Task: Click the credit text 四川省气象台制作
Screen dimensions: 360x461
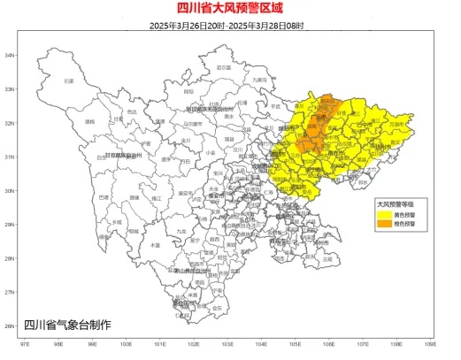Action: (x=67, y=325)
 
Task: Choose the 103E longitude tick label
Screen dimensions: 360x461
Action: (x=227, y=344)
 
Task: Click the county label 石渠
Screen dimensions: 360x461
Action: (x=68, y=80)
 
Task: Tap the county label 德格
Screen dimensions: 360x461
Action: (x=88, y=121)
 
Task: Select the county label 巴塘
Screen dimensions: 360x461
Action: (x=104, y=197)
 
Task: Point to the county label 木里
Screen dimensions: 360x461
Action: (x=156, y=244)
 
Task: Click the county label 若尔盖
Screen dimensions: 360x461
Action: (x=224, y=67)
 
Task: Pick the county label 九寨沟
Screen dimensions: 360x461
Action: (x=259, y=80)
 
